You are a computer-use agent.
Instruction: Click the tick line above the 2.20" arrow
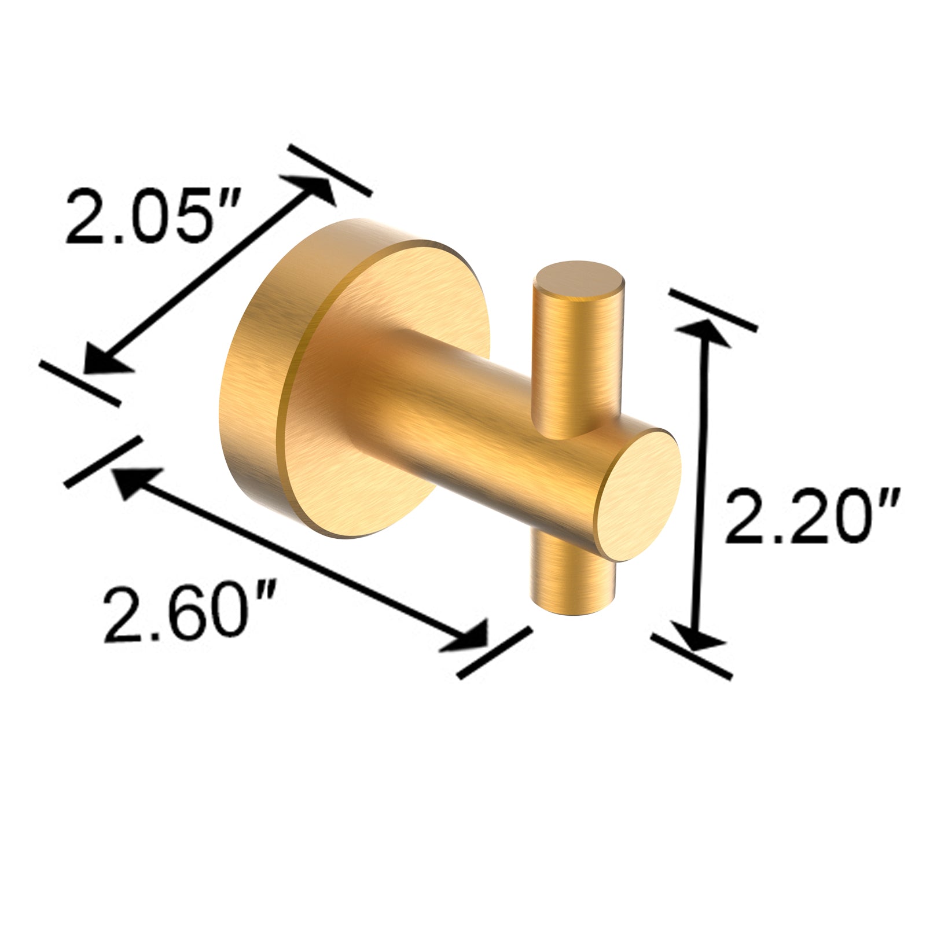click(712, 310)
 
